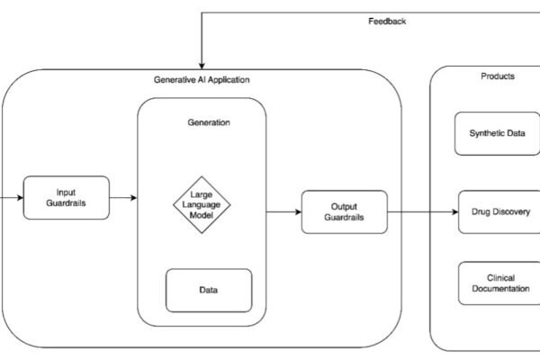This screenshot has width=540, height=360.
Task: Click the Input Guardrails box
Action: point(66,197)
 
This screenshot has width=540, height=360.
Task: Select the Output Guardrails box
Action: point(344,212)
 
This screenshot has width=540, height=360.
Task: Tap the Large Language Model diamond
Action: point(202,203)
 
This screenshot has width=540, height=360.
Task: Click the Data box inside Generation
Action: point(208,290)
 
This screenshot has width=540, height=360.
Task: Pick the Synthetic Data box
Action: point(498,133)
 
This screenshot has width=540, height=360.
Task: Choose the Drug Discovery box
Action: point(499,212)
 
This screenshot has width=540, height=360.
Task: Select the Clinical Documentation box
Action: point(499,283)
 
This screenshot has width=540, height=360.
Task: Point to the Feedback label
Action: point(388,21)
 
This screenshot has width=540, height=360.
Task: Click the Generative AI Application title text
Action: point(202,80)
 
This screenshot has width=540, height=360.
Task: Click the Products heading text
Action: point(498,77)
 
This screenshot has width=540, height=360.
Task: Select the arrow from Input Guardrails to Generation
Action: point(123,197)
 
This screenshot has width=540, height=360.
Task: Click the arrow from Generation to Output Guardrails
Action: point(283,212)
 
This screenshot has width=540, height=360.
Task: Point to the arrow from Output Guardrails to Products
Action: point(409,212)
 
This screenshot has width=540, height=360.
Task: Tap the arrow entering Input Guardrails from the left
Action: point(12,197)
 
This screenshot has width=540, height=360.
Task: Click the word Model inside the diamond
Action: point(202,215)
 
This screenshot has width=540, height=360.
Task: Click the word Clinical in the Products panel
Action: point(499,277)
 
